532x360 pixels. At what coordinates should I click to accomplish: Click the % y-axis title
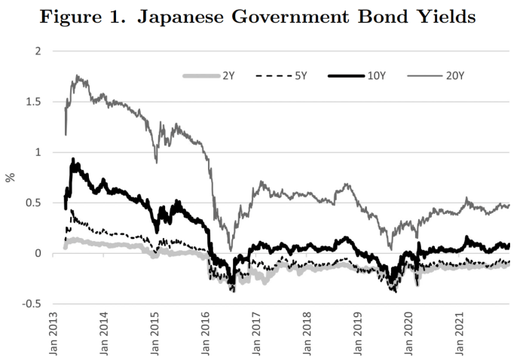(x=10, y=178)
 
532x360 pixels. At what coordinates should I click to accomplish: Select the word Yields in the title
(x=445, y=16)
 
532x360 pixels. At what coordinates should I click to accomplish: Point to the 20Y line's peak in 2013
(x=77, y=75)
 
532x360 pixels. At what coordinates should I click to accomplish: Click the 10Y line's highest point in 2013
(x=72, y=159)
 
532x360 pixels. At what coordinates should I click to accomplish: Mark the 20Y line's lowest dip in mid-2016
(x=230, y=250)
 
